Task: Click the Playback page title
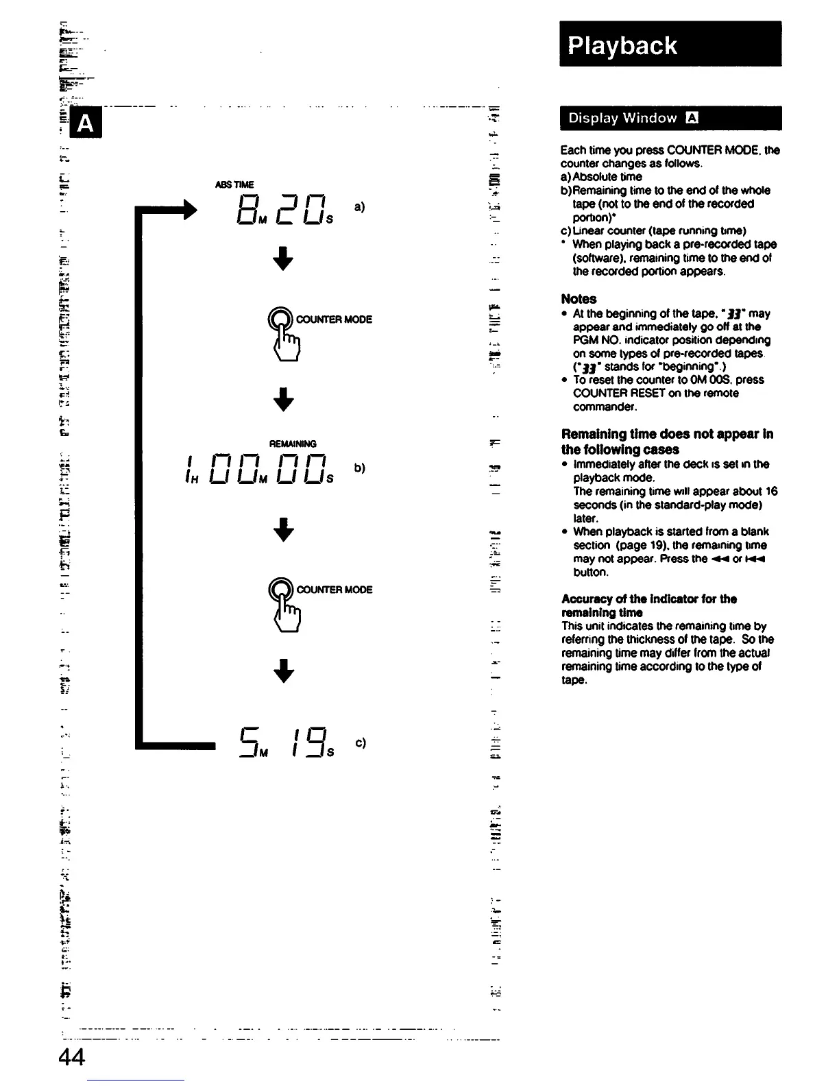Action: pos(622,45)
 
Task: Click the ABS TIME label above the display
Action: pos(234,184)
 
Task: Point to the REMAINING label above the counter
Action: pos(293,444)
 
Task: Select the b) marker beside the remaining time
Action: pos(360,468)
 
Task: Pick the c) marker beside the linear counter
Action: pos(360,743)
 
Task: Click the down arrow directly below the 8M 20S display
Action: pos(282,258)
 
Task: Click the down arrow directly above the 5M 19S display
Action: pos(282,671)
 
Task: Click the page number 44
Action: pos(71,1058)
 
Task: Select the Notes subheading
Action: pos(579,299)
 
